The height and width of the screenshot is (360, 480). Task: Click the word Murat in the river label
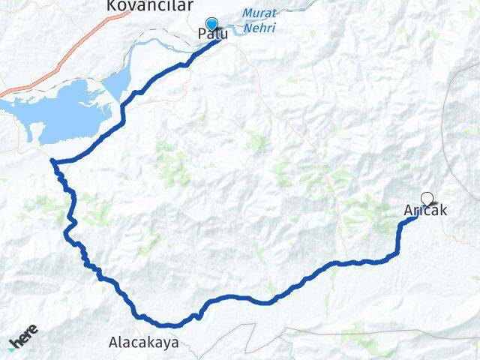tap(259, 13)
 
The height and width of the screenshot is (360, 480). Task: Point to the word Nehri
tap(259, 28)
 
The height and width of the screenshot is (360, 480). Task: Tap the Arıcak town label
tap(425, 211)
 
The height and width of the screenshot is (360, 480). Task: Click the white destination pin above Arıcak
tap(427, 199)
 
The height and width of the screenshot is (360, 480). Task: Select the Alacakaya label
tap(143, 343)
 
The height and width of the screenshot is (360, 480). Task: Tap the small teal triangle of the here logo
tap(10, 349)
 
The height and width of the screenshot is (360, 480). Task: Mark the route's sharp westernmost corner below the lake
tap(52, 160)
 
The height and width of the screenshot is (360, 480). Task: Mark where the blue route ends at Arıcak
tap(417, 217)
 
